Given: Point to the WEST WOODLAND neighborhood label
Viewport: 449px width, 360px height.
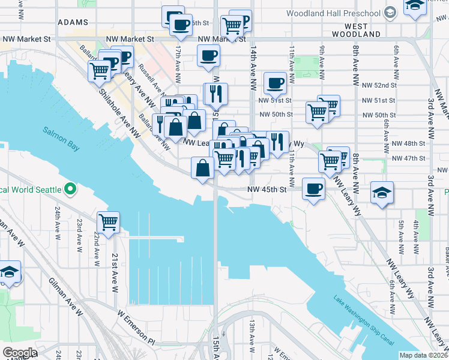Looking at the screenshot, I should pos(363,31).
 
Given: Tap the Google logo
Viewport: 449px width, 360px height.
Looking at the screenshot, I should pos(20,352).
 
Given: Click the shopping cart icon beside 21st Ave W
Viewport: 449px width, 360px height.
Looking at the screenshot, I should pos(108,222).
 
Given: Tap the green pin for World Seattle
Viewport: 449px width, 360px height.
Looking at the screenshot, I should pos(70,190).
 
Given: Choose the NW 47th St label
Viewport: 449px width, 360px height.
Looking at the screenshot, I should pos(408,158).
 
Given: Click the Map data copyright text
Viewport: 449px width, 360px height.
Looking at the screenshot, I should pos(423,355).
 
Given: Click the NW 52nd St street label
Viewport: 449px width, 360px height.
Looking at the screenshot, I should pos(377,85).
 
